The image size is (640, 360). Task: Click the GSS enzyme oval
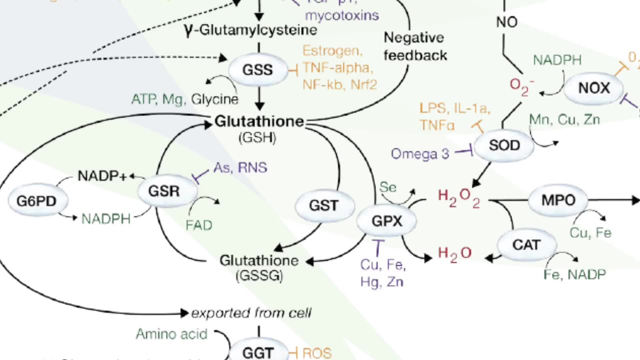258,69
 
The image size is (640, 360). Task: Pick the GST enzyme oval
324,205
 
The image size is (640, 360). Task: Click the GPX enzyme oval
386,220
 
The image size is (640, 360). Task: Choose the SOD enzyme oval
504,145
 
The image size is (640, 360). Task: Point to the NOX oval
593,88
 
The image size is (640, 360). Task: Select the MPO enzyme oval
558,200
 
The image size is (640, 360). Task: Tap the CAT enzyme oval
526,245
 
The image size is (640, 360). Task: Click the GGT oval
258,352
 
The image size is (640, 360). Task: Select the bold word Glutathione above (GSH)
259,121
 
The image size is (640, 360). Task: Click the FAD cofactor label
198,224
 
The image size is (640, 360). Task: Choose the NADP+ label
102,176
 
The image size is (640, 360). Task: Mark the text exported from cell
251,313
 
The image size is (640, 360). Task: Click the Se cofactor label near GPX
388,187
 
